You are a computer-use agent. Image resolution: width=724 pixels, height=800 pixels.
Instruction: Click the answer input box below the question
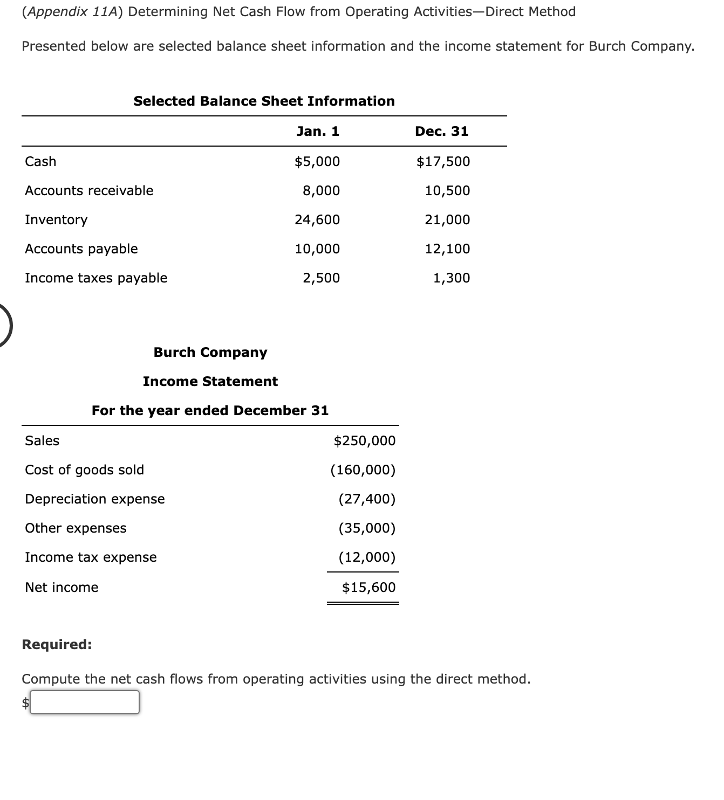pyautogui.click(x=85, y=702)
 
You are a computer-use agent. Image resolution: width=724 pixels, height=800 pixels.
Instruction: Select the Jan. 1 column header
pyautogui.click(x=318, y=131)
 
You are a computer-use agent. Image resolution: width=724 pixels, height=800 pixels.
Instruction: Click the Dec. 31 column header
pyautogui.click(x=441, y=131)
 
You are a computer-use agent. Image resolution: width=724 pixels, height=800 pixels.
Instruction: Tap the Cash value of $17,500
pyautogui.click(x=443, y=161)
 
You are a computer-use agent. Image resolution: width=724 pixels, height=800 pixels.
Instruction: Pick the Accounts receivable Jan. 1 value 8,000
pyautogui.click(x=321, y=190)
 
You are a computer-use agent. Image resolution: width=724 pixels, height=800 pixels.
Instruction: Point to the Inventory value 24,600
pyautogui.click(x=317, y=219)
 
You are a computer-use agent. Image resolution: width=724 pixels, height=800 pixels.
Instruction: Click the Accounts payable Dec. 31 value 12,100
pyautogui.click(x=447, y=249)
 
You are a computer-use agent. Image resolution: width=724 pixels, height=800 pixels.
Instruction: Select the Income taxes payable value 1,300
pyautogui.click(x=452, y=278)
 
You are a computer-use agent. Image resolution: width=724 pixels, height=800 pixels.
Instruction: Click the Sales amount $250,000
pyautogui.click(x=365, y=440)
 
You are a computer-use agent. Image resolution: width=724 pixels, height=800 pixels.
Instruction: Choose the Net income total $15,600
pyautogui.click(x=368, y=587)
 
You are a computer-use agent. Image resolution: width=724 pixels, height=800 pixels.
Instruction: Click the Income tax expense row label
pyautogui.click(x=91, y=557)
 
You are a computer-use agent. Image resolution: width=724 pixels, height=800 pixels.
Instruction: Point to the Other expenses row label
pyautogui.click(x=76, y=528)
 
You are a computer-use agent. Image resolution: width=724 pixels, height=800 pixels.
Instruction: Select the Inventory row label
pyautogui.click(x=56, y=219)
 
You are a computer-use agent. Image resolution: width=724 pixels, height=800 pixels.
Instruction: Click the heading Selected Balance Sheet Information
pyautogui.click(x=264, y=101)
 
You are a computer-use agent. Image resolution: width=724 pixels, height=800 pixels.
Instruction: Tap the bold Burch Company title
pyautogui.click(x=210, y=352)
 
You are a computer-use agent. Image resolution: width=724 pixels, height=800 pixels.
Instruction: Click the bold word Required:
pyautogui.click(x=57, y=644)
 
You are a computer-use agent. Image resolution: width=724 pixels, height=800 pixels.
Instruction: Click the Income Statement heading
pyautogui.click(x=210, y=381)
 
